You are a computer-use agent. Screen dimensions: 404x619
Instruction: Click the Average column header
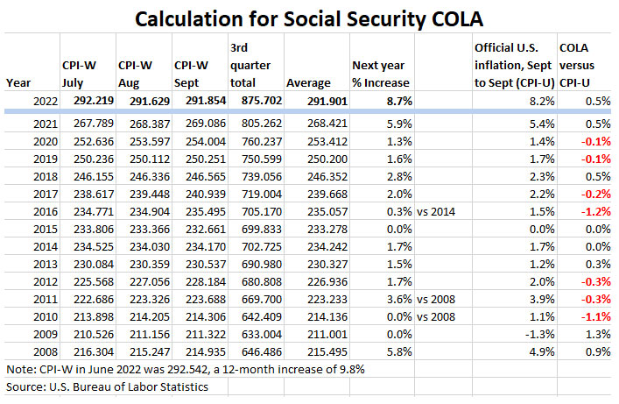tap(308, 82)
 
